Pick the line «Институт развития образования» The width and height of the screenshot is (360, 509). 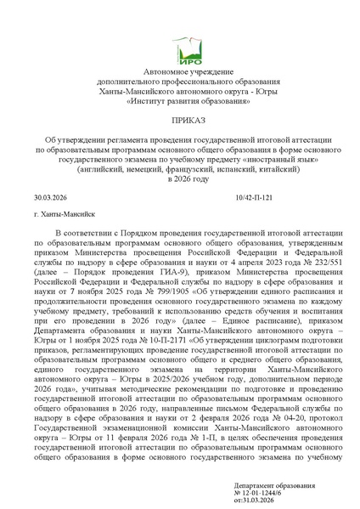[180, 101]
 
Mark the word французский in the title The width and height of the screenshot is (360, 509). [194, 167]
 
